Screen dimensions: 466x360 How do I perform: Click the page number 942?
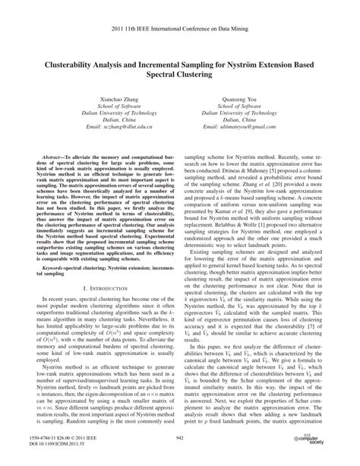click(180, 439)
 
